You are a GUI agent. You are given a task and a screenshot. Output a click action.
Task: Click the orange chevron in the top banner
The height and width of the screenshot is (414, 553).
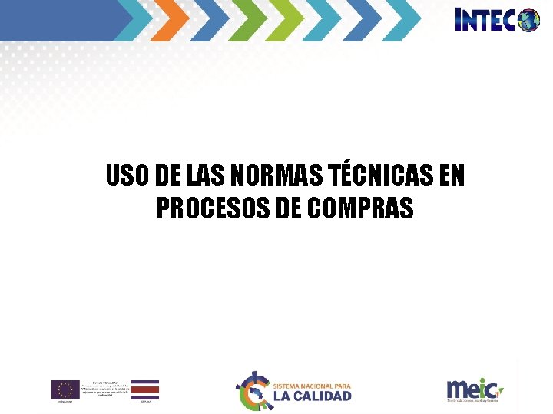(174, 20)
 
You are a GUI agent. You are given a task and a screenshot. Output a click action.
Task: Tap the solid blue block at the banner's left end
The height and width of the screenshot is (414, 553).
(58, 20)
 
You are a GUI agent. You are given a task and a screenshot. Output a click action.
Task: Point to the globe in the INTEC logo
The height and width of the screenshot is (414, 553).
(529, 21)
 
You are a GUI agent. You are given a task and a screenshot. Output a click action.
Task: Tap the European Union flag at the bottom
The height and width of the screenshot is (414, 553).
(65, 389)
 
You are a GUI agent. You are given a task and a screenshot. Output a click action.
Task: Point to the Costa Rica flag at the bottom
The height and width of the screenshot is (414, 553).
(144, 389)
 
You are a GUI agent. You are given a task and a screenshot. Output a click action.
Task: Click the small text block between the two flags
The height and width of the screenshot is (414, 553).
(104, 388)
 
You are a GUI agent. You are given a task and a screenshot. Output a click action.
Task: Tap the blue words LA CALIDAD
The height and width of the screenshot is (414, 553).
(312, 396)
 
